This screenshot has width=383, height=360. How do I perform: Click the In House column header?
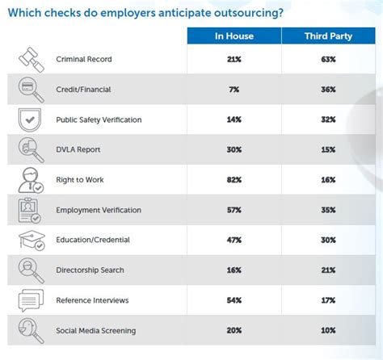[x=234, y=36]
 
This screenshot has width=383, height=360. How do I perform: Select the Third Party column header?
[x=328, y=36]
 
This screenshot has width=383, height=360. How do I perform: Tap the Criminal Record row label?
[x=84, y=59]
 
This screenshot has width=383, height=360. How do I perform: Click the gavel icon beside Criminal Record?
[x=32, y=60]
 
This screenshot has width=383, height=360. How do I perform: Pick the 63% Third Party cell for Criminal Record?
[x=328, y=59]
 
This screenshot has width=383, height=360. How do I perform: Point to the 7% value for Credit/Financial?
[x=234, y=90]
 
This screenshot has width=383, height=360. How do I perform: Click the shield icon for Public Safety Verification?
[x=30, y=120]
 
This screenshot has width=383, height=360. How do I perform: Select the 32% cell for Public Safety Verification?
[x=328, y=119]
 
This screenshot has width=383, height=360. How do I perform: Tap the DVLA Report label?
[x=78, y=149]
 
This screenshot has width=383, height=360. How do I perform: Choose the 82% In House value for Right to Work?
[x=234, y=180]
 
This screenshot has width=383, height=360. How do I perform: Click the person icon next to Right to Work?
[x=31, y=180]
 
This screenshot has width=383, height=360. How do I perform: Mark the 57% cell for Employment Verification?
[x=234, y=210]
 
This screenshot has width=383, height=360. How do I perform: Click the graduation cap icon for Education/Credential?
[x=32, y=240]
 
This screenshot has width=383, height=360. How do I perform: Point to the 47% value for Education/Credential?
[x=234, y=240]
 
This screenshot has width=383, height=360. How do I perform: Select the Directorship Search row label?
[x=90, y=270]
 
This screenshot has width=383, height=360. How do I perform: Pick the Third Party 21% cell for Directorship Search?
[x=328, y=270]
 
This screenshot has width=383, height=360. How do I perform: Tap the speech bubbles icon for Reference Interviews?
[x=31, y=300]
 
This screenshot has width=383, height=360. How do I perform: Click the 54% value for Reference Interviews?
[x=234, y=300]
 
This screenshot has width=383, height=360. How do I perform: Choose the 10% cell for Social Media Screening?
[x=328, y=330]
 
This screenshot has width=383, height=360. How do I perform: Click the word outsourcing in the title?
[x=249, y=13]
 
